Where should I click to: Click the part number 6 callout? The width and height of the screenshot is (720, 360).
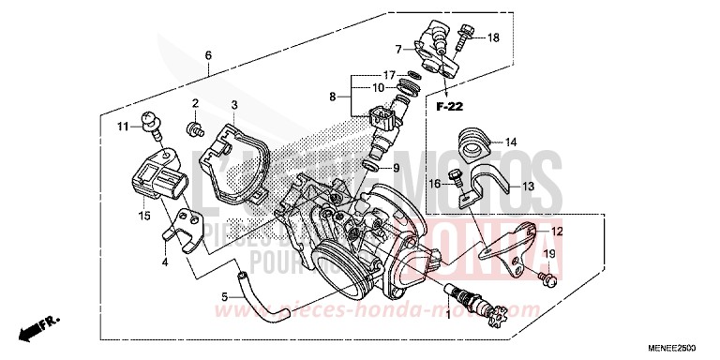[x=208, y=55]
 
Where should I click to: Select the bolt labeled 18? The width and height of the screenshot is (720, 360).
[x=463, y=40]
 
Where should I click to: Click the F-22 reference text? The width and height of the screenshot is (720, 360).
[x=450, y=108]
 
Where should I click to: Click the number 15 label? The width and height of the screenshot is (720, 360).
[x=145, y=216]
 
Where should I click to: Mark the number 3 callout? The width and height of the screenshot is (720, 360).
[x=234, y=104]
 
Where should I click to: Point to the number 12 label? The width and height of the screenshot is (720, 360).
[x=557, y=231]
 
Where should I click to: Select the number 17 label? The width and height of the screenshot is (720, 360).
[x=388, y=75]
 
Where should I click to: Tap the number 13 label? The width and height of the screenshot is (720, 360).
[x=527, y=187]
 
